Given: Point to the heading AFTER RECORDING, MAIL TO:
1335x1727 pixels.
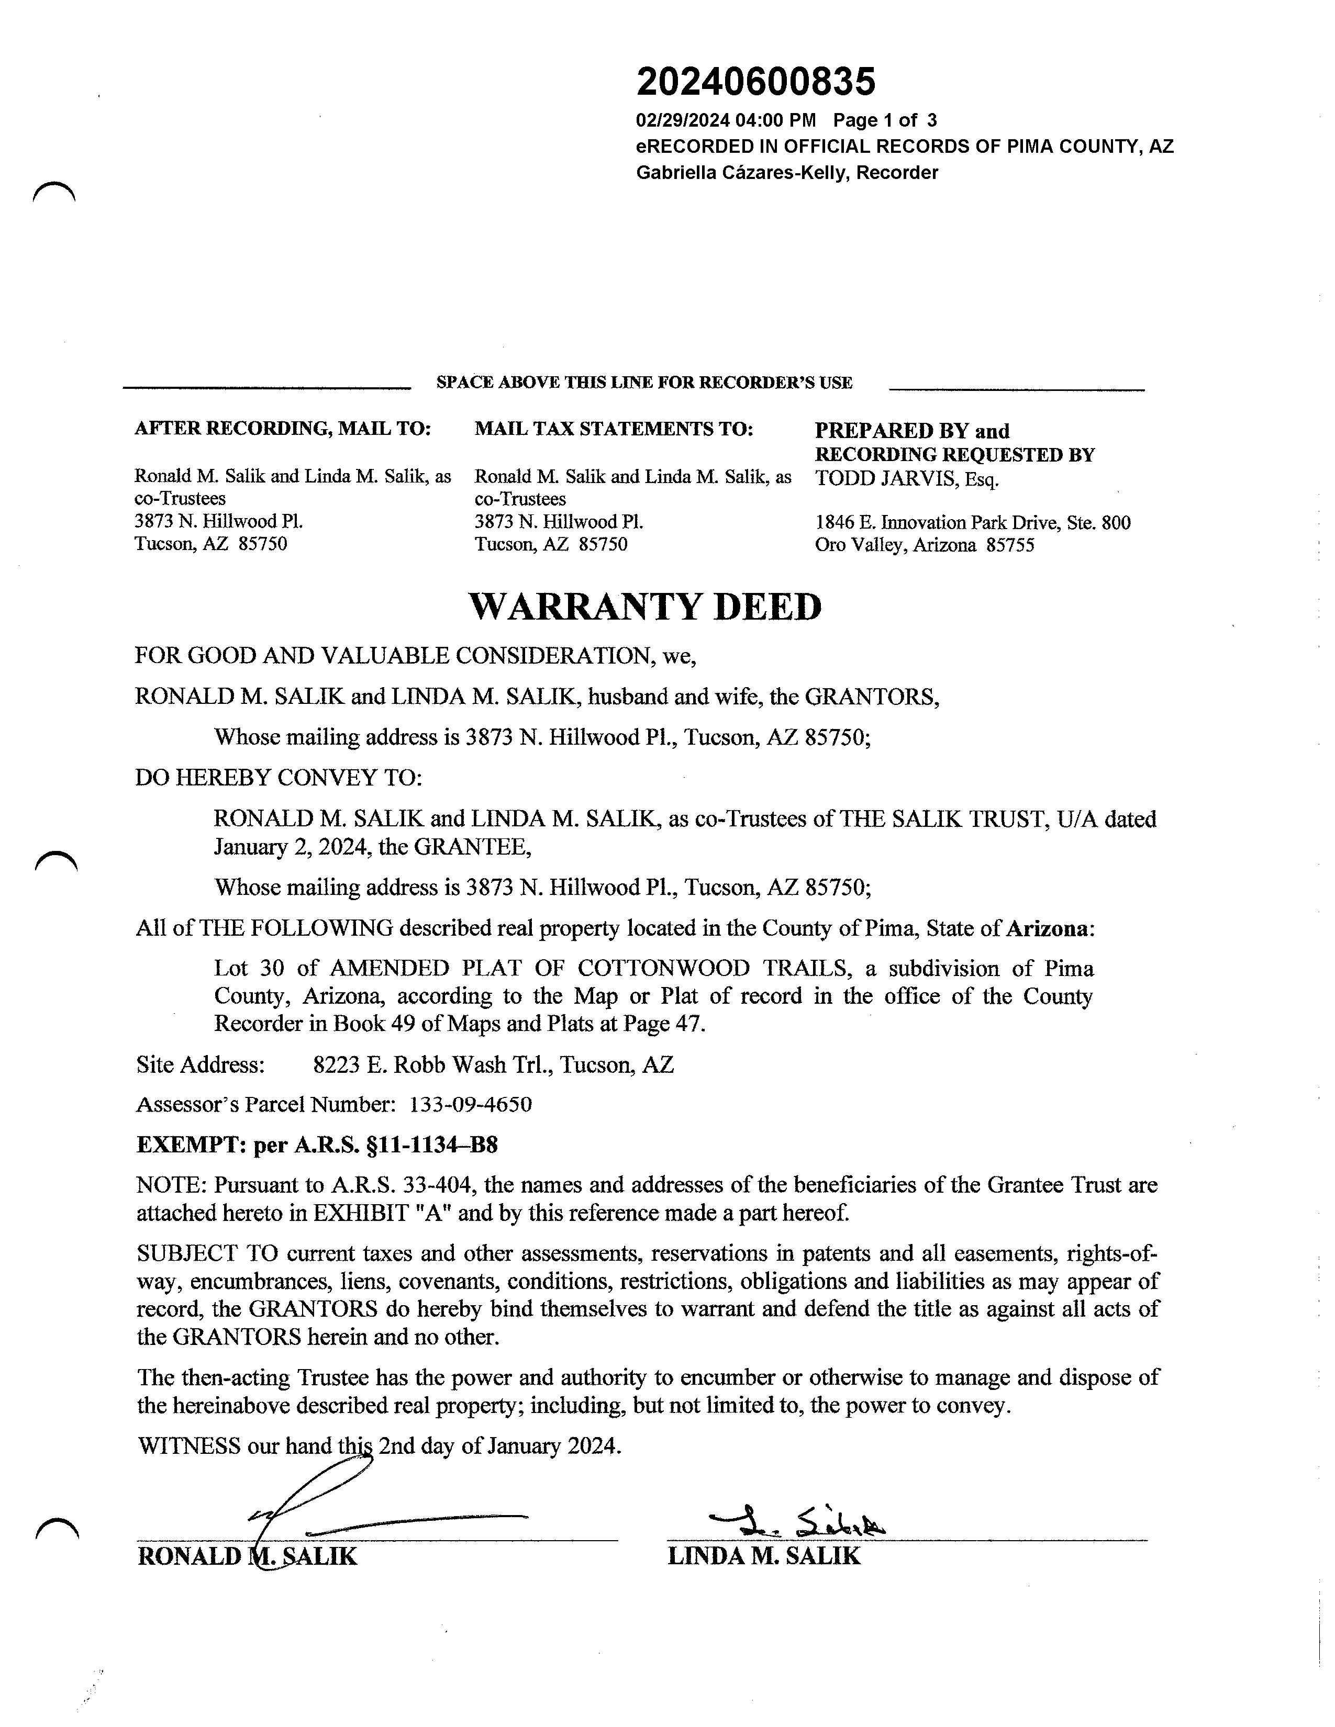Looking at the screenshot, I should point(282,429).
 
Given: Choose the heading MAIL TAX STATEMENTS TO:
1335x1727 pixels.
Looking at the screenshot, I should point(614,429).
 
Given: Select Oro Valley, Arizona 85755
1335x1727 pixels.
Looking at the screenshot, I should point(924,545).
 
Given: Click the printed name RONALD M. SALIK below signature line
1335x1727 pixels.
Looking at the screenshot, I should point(247,1556).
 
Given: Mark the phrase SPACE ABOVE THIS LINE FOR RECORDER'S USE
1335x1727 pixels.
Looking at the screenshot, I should point(644,383).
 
